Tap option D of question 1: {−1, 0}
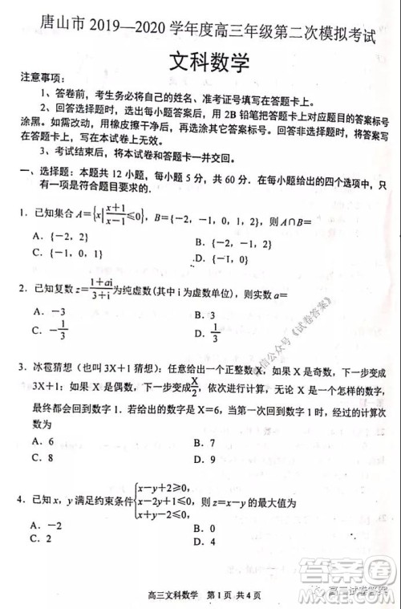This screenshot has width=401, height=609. point(221,258)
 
